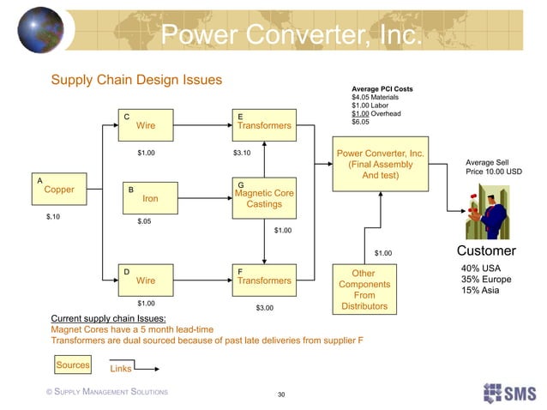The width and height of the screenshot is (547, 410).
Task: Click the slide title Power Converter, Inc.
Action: coord(291,36)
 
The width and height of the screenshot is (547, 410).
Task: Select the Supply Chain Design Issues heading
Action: coord(137,80)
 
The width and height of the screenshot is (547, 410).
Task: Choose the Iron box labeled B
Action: coord(149,197)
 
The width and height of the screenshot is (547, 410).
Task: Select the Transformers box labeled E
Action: coord(264,125)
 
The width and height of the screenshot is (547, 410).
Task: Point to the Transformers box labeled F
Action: coord(264,280)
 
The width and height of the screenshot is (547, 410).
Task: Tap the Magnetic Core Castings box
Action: coord(264,197)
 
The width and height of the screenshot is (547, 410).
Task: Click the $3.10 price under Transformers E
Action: coord(243,154)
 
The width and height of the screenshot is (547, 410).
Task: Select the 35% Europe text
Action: coord(487,280)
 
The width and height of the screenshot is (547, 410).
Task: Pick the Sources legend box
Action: coord(73,365)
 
